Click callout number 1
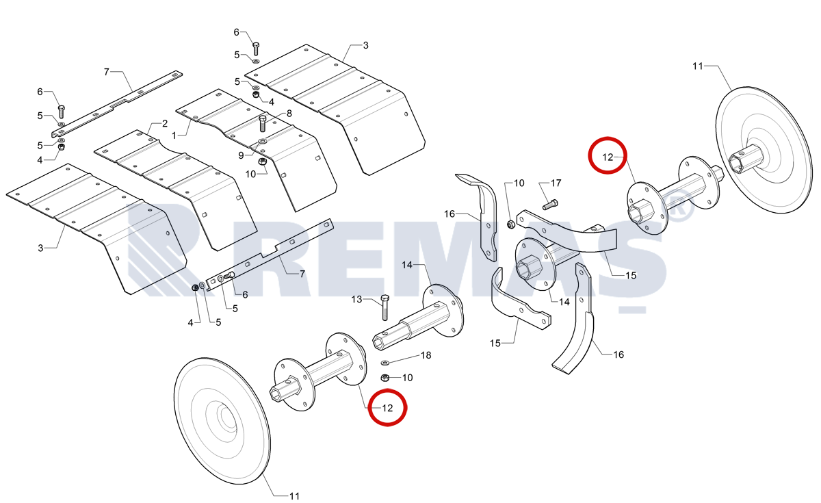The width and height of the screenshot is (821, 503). coord(174,136)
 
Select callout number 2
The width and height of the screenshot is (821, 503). coord(165,124)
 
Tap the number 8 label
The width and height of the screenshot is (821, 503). coord(289,114)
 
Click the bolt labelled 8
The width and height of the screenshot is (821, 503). coord(263,124)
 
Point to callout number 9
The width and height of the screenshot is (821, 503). coord(241,155)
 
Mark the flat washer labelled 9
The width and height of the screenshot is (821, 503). coord(263,141)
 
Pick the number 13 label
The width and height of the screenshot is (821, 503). coord(356,300)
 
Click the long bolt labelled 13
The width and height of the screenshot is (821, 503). coord(385,307)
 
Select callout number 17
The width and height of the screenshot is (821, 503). coord(556,183)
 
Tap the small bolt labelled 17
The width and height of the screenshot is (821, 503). coord(550,205)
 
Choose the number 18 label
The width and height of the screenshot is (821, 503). coord(426,355)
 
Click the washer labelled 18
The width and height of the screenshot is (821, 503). coord(385,363)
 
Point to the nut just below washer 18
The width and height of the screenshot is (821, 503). coord(385,377)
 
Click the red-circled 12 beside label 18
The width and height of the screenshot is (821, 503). coord(387,408)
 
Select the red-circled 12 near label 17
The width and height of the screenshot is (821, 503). coord(608,155)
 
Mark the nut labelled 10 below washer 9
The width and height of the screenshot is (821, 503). coord(263,162)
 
